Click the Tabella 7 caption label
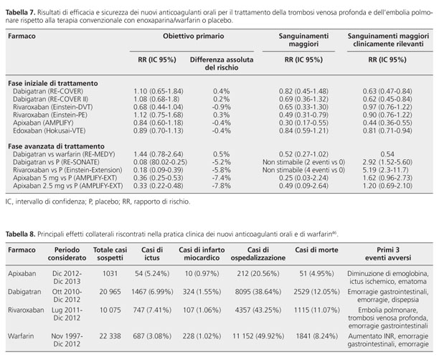[x=20, y=13]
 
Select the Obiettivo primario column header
[x=194, y=36]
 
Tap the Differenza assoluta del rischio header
[x=222, y=64]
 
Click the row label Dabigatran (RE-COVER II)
[x=50, y=99]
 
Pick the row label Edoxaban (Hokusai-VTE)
[x=49, y=131]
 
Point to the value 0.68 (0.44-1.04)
[x=159, y=107]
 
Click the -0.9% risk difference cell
[x=221, y=107]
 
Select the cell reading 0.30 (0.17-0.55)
[x=303, y=123]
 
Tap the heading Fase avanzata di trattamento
[x=56, y=146]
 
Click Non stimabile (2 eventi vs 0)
[x=303, y=162]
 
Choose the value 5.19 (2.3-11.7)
[x=387, y=170]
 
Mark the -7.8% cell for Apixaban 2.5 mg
[x=221, y=186]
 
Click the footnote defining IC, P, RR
[x=98, y=202]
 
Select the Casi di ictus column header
[x=152, y=254]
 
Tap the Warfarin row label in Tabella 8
[x=21, y=336]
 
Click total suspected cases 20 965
[x=110, y=292]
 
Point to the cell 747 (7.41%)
[x=152, y=311]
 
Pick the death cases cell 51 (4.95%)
[x=316, y=273]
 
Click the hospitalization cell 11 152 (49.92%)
[x=258, y=336]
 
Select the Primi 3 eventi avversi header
[x=388, y=254]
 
